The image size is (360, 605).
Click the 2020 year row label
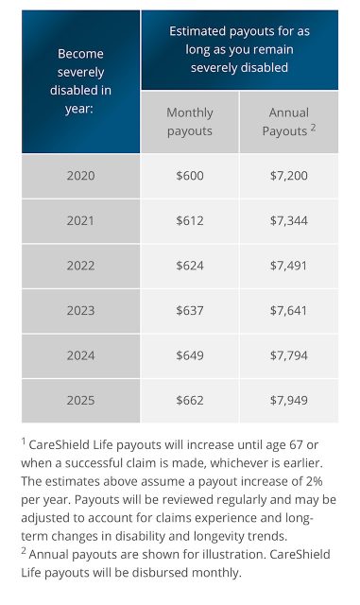click(80, 176)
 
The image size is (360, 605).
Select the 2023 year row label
click(80, 311)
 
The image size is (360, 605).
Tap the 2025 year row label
click(80, 401)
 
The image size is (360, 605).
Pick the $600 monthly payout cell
click(190, 176)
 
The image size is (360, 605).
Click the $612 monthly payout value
click(190, 220)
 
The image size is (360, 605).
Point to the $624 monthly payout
click(190, 266)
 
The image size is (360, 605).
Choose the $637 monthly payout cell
click(190, 311)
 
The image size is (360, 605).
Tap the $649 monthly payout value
click(190, 355)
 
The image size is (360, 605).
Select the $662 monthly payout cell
click(190, 401)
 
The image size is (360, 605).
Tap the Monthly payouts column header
click(190, 122)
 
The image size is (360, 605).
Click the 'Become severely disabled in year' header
click(80, 81)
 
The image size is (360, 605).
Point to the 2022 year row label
click(80, 266)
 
